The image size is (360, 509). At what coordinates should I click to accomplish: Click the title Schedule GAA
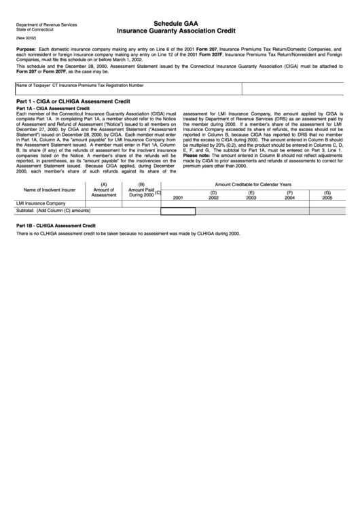pyautogui.click(x=180, y=23)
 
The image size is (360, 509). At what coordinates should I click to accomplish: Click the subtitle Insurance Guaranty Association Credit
pyautogui.click(x=180, y=31)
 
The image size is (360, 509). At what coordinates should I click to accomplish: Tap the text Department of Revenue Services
pyautogui.click(x=47, y=24)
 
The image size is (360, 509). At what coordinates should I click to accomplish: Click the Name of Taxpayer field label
pyautogui.click(x=33, y=86)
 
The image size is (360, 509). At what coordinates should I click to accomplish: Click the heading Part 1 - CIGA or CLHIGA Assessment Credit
pyautogui.click(x=73, y=101)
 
